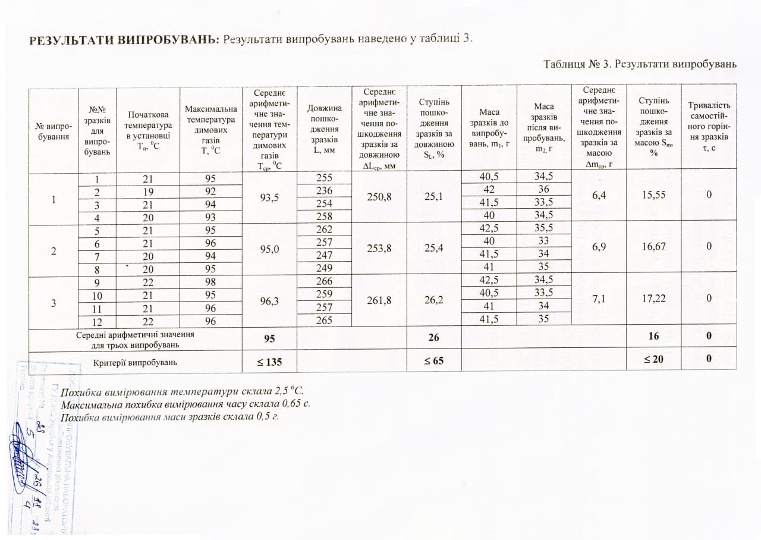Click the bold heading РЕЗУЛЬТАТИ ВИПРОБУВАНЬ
(x=124, y=40)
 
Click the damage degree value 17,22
(x=653, y=302)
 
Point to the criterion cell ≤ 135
(x=269, y=360)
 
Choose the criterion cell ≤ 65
(x=433, y=360)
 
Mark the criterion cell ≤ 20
(x=653, y=360)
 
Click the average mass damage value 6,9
(x=598, y=245)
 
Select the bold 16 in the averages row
(x=653, y=337)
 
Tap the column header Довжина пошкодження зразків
(x=324, y=129)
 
